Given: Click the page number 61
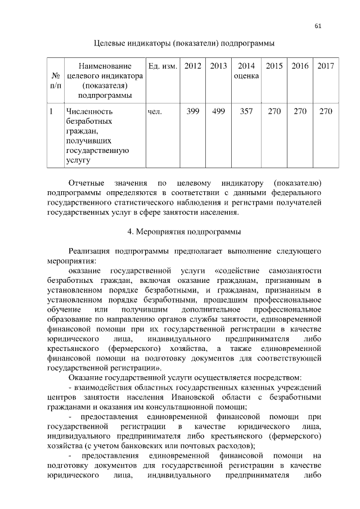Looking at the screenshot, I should point(318,26).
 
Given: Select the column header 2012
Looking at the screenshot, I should point(193,66).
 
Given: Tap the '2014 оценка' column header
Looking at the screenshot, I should point(246,71).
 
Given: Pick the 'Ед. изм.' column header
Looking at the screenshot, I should point(162,66).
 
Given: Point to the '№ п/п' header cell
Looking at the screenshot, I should point(55,80).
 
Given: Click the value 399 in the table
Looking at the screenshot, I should point(193,111).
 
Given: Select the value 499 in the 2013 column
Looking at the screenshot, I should point(218,111).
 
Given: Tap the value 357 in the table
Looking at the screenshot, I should point(246,111).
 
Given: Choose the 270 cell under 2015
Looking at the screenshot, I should point(274,111).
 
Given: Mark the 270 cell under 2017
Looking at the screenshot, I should point(325,111).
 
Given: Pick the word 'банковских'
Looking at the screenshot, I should point(148,445).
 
